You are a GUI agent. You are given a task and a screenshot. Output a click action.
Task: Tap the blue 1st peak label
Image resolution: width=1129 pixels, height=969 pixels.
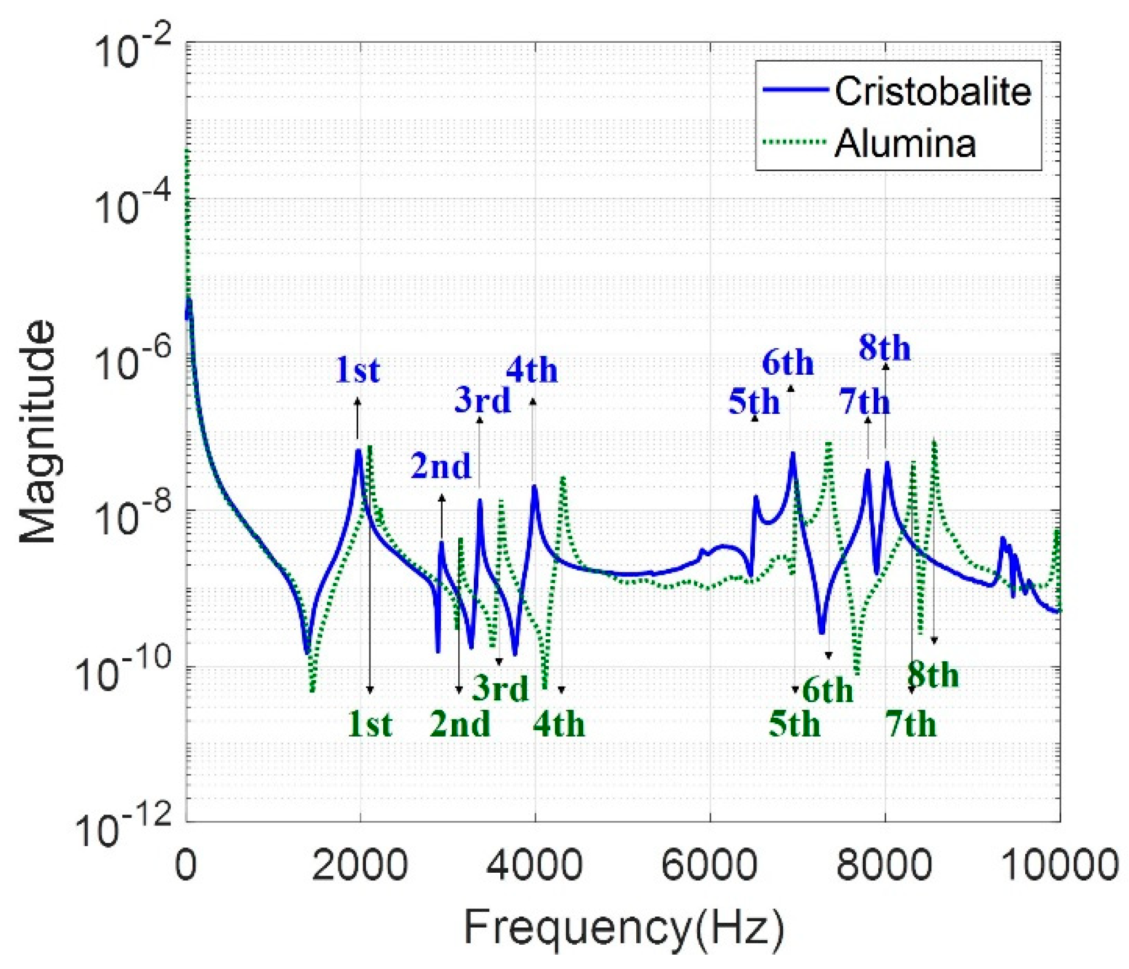[x=357, y=370]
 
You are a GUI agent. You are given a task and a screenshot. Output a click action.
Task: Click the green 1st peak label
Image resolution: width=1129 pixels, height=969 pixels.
[x=369, y=724]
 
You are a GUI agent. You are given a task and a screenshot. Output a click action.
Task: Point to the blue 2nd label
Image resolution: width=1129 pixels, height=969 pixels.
[x=441, y=466]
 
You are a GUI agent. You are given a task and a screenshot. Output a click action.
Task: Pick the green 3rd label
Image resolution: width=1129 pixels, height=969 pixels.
[x=500, y=688]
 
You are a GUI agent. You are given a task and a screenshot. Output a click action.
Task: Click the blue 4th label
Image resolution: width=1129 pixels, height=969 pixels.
[x=532, y=370]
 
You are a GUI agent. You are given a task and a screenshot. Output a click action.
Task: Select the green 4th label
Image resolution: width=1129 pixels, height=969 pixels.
[x=558, y=724]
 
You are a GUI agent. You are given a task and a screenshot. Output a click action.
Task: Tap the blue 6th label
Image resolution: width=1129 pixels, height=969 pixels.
[x=787, y=363]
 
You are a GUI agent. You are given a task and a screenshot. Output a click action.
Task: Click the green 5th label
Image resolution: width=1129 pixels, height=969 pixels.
[x=794, y=724]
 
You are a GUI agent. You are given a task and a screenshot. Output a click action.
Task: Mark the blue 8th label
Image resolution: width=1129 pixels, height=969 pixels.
[x=885, y=348]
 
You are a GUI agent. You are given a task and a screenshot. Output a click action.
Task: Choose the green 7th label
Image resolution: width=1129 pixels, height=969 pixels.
[x=911, y=724]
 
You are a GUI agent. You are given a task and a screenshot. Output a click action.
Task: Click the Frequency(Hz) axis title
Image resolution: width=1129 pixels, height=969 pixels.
[x=624, y=927]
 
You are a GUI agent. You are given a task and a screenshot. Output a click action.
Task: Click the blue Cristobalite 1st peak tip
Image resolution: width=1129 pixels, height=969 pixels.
[x=358, y=451]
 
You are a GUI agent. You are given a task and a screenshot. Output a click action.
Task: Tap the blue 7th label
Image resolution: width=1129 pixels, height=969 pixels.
[x=864, y=401]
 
